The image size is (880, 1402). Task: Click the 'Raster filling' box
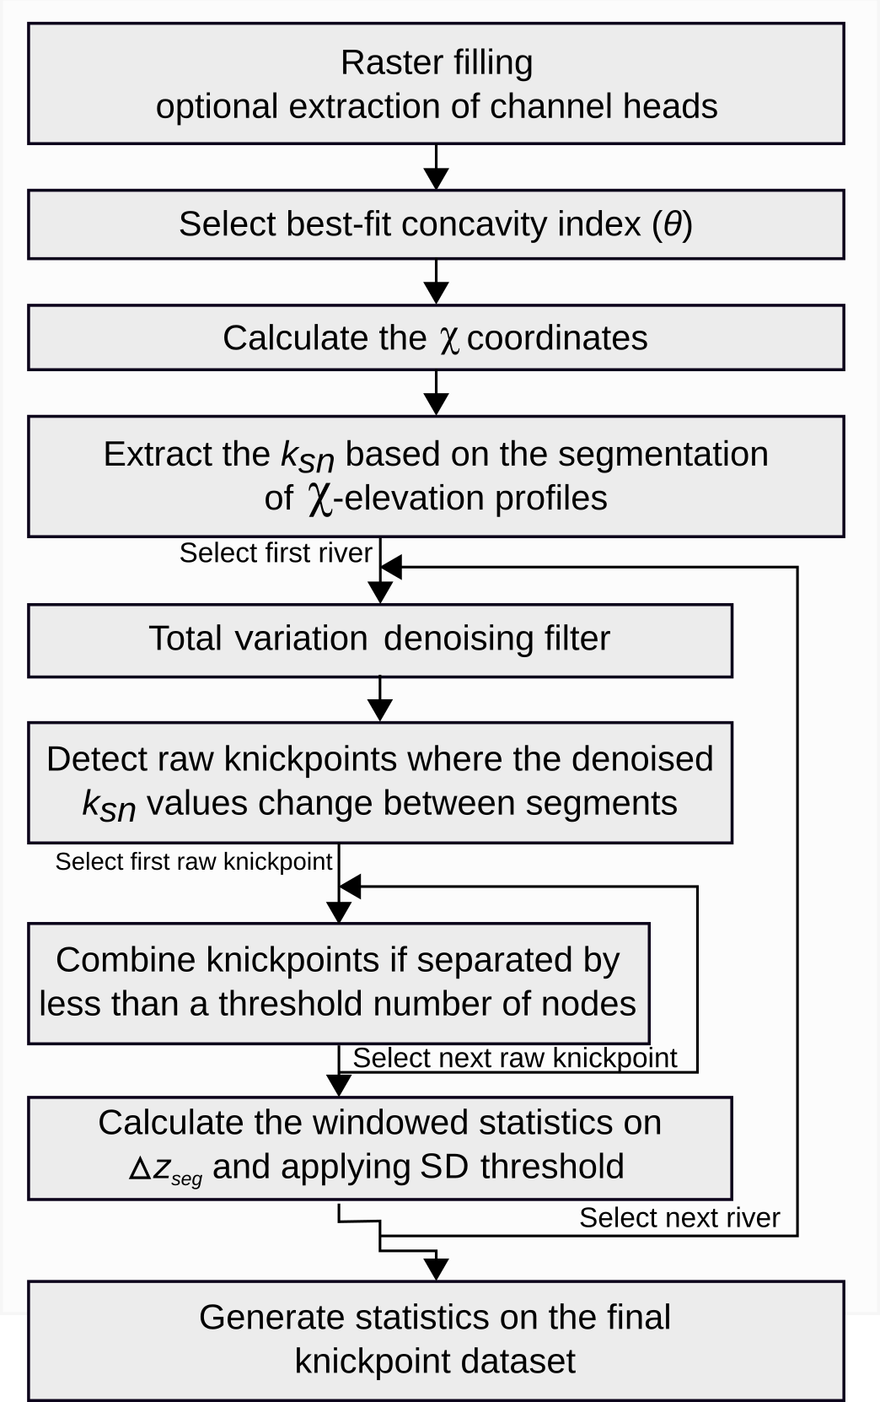pos(436,84)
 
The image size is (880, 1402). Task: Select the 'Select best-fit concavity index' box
pos(436,224)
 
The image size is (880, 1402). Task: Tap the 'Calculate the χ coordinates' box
pos(436,337)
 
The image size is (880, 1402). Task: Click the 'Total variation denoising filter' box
pos(379,639)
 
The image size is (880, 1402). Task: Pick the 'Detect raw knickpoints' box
pos(379,781)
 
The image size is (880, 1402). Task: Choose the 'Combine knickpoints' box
pos(338,983)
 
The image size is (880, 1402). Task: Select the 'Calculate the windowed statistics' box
pos(379,1147)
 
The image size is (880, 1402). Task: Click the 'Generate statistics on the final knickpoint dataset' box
pos(436,1340)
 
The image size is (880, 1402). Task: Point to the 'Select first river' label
pos(276,553)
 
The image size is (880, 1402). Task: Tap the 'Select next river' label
pos(679,1217)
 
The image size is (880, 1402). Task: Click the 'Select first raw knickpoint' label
pos(194,861)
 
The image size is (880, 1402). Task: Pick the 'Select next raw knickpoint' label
pos(514,1058)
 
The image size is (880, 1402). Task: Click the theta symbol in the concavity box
pos(672,224)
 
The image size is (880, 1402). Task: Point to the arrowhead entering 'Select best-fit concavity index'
pos(436,179)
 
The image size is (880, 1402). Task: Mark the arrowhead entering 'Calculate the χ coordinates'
pos(436,293)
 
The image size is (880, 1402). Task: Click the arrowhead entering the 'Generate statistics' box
pos(436,1269)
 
